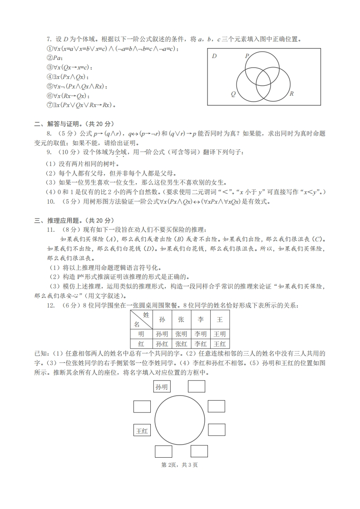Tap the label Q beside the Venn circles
233,94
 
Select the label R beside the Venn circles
291,94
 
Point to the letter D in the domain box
214,56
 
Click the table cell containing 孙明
162,333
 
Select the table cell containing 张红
181,344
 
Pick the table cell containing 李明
200,333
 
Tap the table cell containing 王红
219,344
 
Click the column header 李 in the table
200,319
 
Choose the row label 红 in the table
141,344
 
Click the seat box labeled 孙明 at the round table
162,387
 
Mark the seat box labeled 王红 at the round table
142,431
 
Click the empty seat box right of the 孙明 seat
197,387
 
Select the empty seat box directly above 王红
142,406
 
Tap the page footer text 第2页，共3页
180,465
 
